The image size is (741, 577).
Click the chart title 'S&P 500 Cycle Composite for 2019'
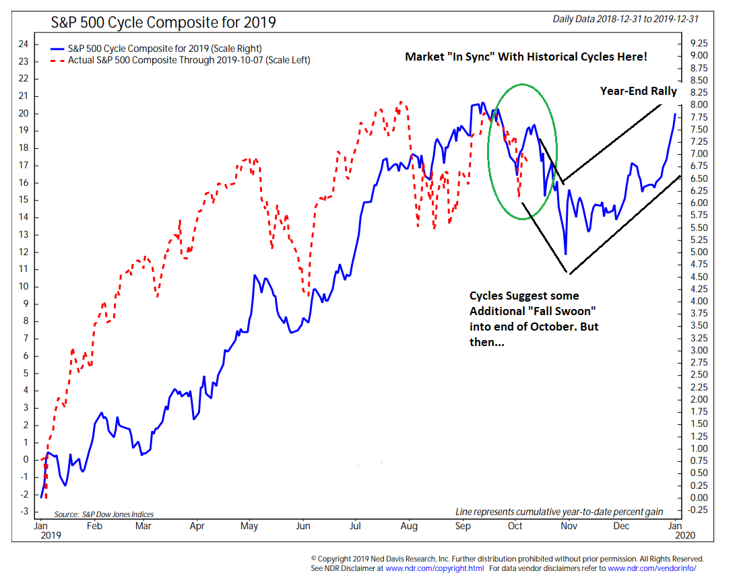pos(164,22)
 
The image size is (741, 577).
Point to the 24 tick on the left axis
pos(23,44)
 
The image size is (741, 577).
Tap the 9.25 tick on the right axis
pos(699,43)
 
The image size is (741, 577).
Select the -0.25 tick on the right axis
pos(699,510)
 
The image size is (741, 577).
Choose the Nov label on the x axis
pos(570,525)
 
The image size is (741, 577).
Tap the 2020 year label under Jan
pos(676,537)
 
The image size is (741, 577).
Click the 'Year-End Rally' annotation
pos(639,91)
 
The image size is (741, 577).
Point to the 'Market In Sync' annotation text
pos(525,57)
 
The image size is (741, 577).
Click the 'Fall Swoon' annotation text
pos(534,319)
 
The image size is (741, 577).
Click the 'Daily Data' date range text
pos(625,20)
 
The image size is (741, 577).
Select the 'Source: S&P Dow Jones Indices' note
pos(104,514)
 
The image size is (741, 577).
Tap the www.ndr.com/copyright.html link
pos(436,568)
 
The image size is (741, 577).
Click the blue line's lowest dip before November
pos(566,253)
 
